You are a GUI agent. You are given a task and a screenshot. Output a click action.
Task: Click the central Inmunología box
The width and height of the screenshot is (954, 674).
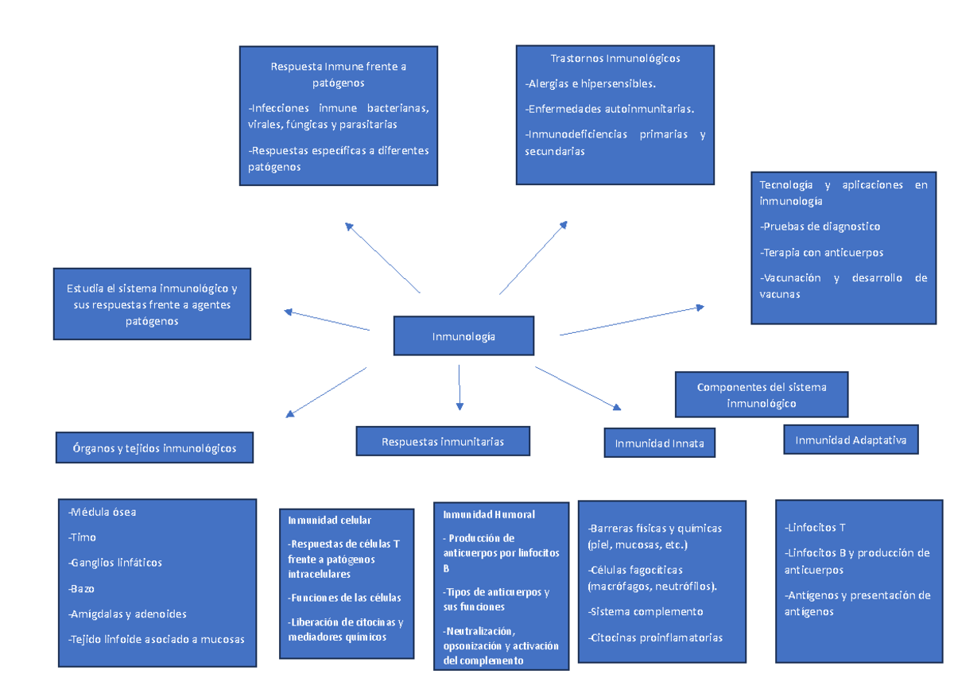463,336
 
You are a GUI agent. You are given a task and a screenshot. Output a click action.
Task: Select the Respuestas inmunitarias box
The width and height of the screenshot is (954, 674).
443,441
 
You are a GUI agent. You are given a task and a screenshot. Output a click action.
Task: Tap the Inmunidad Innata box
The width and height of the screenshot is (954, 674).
659,444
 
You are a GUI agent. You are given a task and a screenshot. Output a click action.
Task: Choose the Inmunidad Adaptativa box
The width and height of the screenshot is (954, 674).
851,440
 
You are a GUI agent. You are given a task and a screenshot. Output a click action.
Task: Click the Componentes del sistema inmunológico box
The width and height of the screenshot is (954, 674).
761,395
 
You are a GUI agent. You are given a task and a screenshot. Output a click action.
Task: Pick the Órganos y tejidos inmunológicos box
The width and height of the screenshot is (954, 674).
155,448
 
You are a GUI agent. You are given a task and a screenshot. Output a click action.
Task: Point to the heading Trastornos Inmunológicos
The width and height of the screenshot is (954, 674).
615,58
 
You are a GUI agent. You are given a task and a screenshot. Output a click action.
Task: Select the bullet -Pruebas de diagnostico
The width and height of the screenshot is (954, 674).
820,227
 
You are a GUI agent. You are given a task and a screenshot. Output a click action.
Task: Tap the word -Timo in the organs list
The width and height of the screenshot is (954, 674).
83,537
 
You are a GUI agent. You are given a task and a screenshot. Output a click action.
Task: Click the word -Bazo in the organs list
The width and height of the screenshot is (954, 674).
82,589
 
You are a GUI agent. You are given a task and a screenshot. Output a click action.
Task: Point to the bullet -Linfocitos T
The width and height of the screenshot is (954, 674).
815,527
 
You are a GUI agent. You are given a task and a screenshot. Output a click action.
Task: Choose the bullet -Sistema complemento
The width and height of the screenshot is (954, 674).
646,611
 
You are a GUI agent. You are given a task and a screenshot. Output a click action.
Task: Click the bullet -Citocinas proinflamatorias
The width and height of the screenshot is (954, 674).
655,637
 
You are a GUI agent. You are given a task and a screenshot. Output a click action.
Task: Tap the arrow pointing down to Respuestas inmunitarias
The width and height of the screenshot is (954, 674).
460,387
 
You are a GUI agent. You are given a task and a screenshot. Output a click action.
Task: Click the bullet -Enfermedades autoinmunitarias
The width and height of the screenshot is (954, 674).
610,109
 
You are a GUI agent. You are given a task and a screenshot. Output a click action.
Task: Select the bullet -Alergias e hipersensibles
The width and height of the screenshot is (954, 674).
591,83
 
